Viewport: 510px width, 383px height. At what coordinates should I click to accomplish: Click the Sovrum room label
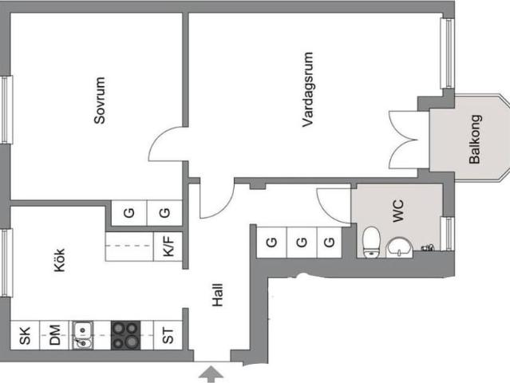coord(100,101)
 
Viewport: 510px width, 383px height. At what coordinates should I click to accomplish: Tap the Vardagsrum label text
coord(307,89)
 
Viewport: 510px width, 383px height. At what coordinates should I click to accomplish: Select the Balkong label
coord(475,139)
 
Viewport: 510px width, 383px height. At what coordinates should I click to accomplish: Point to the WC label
coord(397,211)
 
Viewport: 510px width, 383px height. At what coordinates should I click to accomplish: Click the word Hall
coord(218,295)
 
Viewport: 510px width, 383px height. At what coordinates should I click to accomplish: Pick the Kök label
coord(59,260)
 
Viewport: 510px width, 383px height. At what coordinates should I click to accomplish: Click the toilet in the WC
coord(371,242)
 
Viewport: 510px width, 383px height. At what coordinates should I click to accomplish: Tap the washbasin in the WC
coord(399,247)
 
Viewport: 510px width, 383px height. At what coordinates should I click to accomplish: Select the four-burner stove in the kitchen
coord(126,335)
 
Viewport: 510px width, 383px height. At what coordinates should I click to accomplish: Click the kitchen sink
coord(83,335)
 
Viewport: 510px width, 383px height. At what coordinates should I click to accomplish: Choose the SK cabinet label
coord(25,336)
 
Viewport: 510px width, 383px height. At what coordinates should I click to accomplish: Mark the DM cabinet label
coord(54,335)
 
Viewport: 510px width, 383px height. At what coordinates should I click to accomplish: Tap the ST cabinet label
coord(168,336)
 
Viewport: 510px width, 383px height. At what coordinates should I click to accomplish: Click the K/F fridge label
coord(168,246)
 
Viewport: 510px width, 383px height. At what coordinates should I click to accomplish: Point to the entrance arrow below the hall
coord(211,374)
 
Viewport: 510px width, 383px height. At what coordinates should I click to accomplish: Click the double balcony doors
coord(403,140)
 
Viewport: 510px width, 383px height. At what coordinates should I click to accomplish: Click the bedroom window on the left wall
coord(7,109)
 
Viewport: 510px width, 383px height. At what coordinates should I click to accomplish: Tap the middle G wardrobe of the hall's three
coord(302,243)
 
